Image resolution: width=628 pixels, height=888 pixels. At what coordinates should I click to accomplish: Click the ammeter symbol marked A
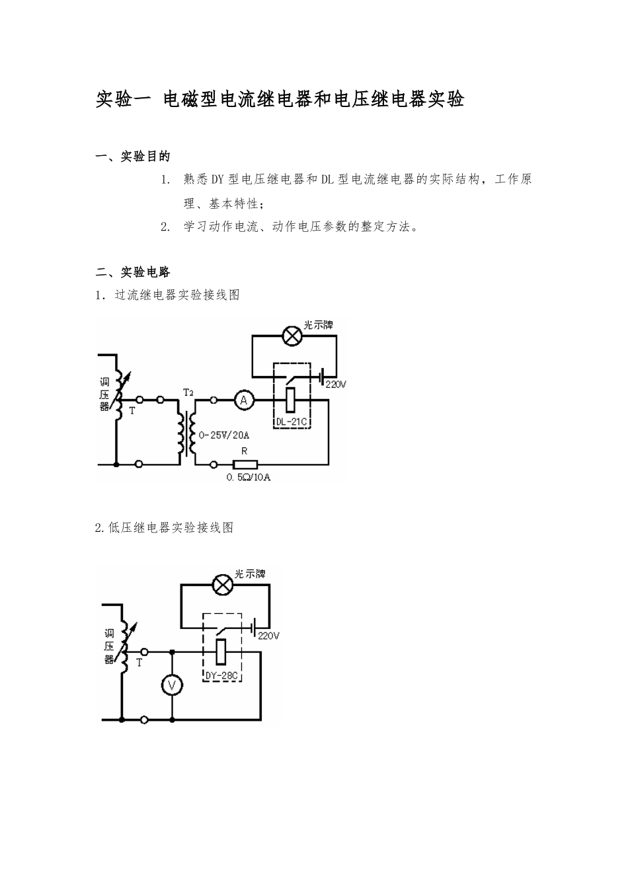click(x=243, y=400)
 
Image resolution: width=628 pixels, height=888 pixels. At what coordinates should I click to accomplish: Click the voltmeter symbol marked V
click(x=172, y=686)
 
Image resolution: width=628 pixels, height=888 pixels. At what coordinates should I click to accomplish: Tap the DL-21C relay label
click(x=292, y=422)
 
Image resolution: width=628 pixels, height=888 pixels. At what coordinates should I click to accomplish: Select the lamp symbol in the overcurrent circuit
click(x=292, y=336)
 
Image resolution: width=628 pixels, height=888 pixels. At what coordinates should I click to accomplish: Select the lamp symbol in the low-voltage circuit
click(x=221, y=585)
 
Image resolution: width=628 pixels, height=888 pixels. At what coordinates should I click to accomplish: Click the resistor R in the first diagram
click(x=244, y=464)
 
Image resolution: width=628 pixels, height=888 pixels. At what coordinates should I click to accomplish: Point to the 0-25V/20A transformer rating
click(x=225, y=435)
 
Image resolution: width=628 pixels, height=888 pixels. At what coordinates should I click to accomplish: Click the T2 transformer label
click(x=188, y=392)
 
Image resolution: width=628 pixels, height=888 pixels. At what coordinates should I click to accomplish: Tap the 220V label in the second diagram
click(x=268, y=636)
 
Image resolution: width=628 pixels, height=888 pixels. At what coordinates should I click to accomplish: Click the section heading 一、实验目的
click(x=133, y=157)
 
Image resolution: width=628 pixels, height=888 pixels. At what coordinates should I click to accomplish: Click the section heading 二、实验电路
click(x=133, y=272)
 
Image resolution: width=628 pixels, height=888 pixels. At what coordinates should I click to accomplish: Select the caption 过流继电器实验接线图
click(x=177, y=295)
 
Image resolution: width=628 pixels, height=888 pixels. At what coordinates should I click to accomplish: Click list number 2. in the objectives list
click(x=166, y=227)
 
